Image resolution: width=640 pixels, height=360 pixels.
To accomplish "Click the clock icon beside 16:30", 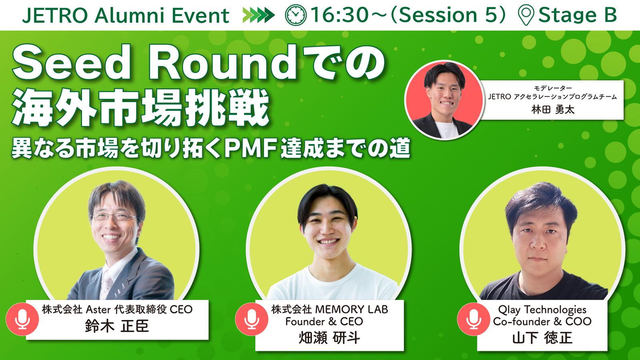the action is (x=296, y=15).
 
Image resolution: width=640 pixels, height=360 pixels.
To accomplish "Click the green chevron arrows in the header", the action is (x=258, y=15).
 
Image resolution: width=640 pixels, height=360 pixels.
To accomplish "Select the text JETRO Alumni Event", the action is (x=126, y=16).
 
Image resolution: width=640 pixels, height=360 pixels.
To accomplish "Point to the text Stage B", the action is (x=578, y=15).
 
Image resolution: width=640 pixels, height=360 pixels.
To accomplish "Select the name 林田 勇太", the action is (x=552, y=110).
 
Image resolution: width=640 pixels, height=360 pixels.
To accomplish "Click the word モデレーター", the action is (x=553, y=88).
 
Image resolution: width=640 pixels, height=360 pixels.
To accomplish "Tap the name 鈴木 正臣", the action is (x=117, y=326).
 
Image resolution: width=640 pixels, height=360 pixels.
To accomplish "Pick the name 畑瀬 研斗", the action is (x=329, y=338).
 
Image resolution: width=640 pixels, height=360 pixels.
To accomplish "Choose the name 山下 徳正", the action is (x=542, y=338).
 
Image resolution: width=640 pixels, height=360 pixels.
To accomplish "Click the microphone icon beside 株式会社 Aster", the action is (x=22, y=319).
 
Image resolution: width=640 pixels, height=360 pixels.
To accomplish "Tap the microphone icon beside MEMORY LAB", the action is (x=252, y=319).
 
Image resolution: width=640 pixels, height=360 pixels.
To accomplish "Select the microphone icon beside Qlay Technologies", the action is (x=474, y=319).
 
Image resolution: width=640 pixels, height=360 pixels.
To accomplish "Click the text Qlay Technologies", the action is (x=542, y=310).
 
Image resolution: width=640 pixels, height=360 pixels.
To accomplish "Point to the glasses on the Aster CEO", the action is (x=114, y=216).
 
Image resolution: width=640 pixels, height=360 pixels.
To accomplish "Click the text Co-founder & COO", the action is (x=542, y=322).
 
